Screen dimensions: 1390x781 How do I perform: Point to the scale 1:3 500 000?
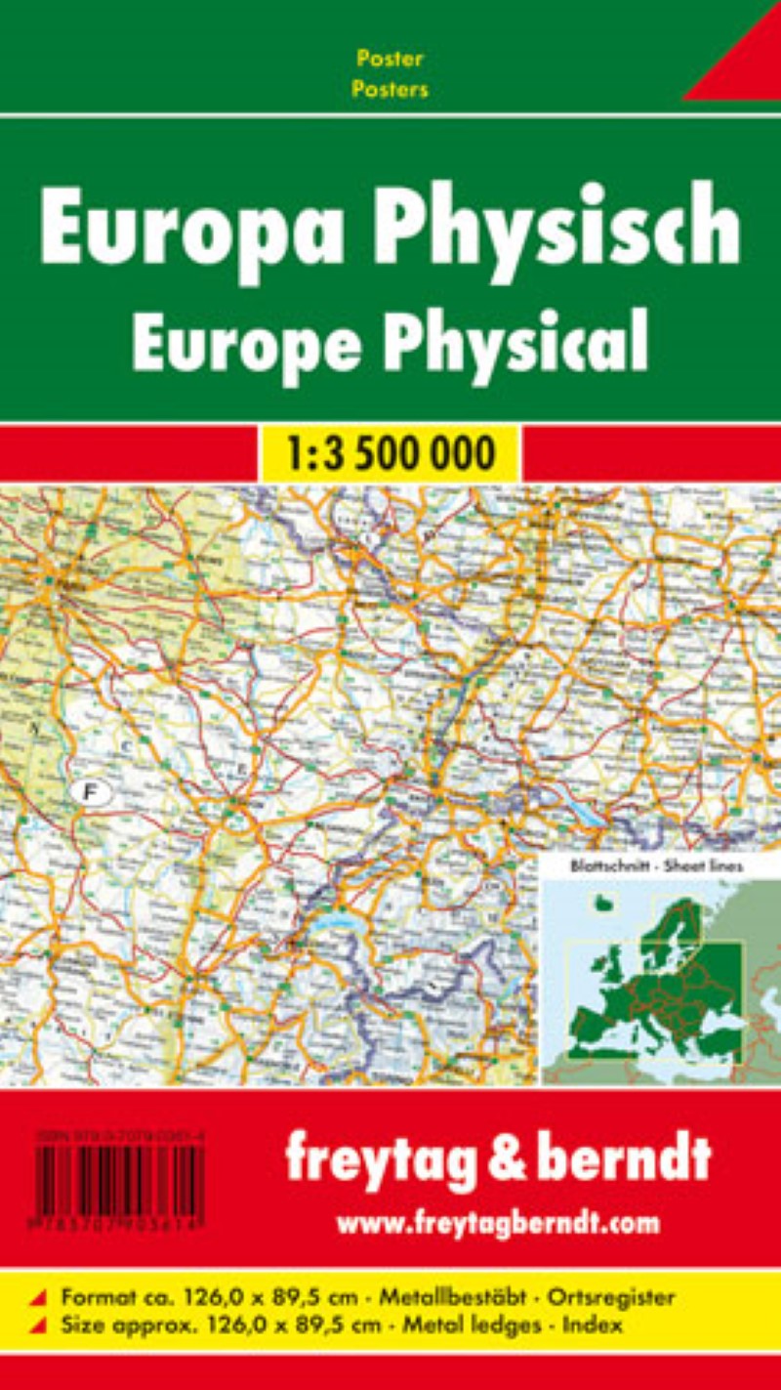(390, 453)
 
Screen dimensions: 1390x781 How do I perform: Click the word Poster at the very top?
(390, 59)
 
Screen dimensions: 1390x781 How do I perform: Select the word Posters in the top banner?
(390, 90)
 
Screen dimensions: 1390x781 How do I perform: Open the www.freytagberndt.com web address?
(498, 1222)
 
